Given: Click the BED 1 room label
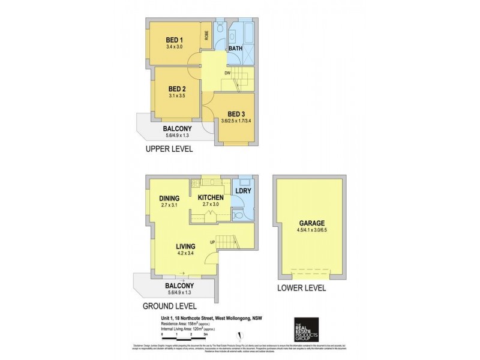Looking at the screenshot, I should [175, 40].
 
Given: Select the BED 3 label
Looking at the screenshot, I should [237, 113].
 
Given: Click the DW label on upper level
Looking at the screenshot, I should [228, 74].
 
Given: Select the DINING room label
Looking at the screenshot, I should [170, 198].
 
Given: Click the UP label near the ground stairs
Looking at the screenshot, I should [212, 242].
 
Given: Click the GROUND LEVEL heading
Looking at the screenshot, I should [170, 305].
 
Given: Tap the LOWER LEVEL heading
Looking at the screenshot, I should [301, 287].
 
